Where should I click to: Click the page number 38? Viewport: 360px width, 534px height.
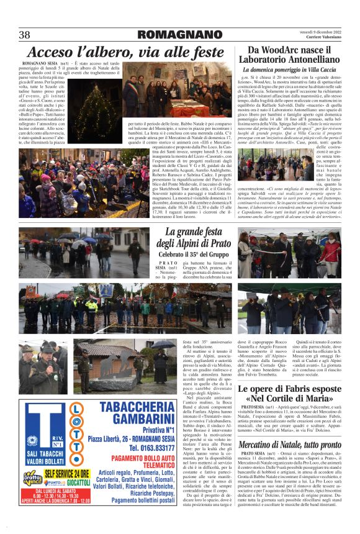click(25, 35)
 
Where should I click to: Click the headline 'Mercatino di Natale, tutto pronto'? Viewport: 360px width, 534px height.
click(289, 445)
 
